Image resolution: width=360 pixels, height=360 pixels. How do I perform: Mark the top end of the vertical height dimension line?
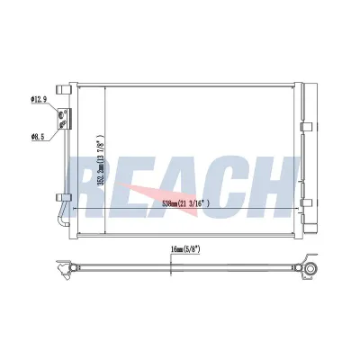(105, 86)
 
